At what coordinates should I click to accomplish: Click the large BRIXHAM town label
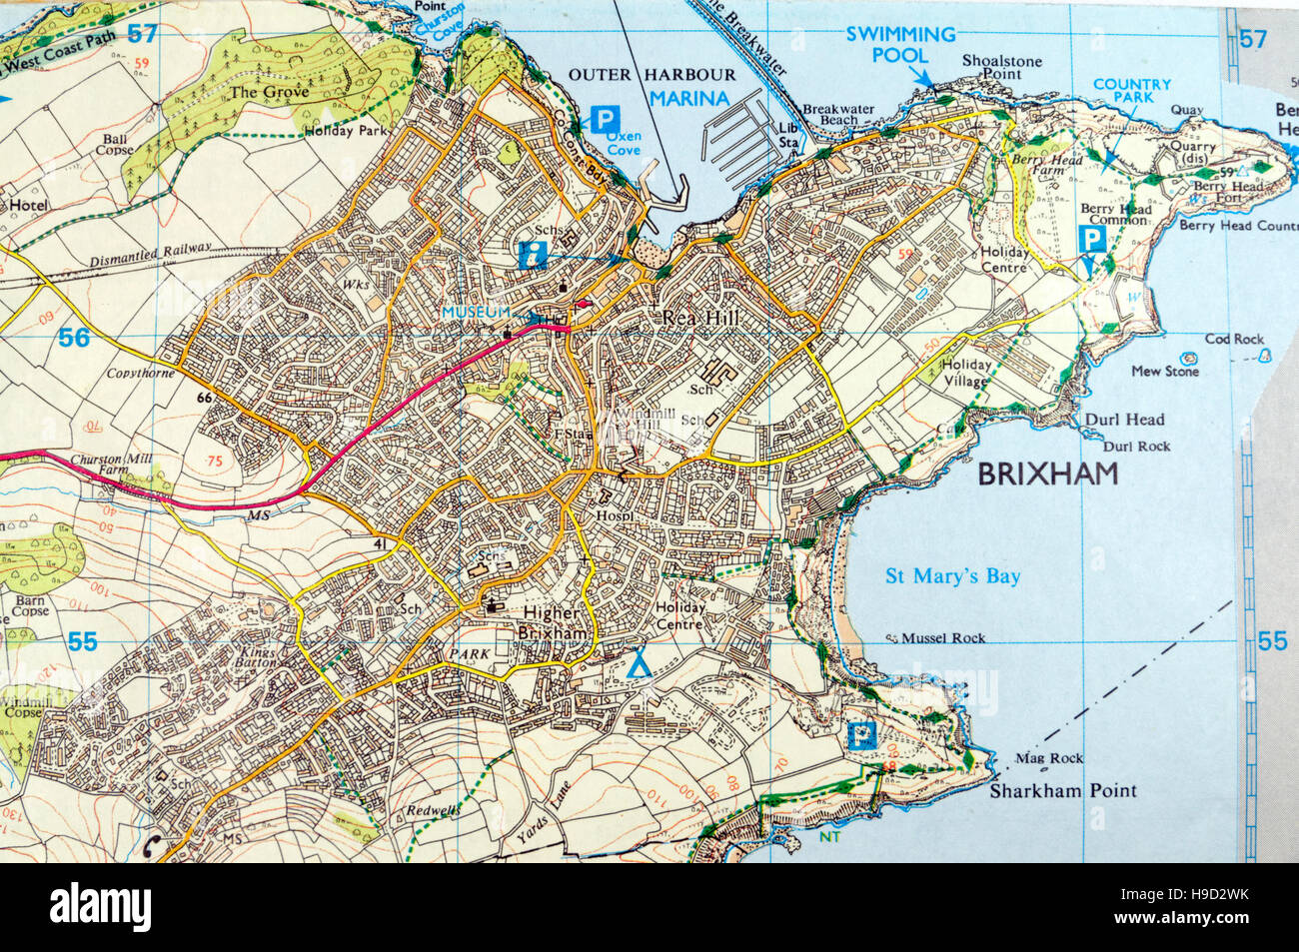(x=1047, y=475)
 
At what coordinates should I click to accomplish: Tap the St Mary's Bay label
(x=953, y=576)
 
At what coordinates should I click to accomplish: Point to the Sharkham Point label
(x=1062, y=791)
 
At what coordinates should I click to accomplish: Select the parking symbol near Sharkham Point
(x=858, y=737)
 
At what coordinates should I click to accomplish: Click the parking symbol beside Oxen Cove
(x=603, y=120)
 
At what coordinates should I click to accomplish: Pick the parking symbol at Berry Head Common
(x=1094, y=239)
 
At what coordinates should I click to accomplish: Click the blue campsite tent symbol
(x=640, y=662)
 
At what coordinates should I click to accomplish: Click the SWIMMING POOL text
(x=900, y=44)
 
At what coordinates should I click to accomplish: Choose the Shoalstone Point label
(x=1001, y=68)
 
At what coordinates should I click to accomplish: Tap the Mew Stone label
(x=1164, y=372)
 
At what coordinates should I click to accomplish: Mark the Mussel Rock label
(x=942, y=638)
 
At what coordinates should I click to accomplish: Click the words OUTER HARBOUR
(x=651, y=75)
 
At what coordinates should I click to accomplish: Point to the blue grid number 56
(x=73, y=339)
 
